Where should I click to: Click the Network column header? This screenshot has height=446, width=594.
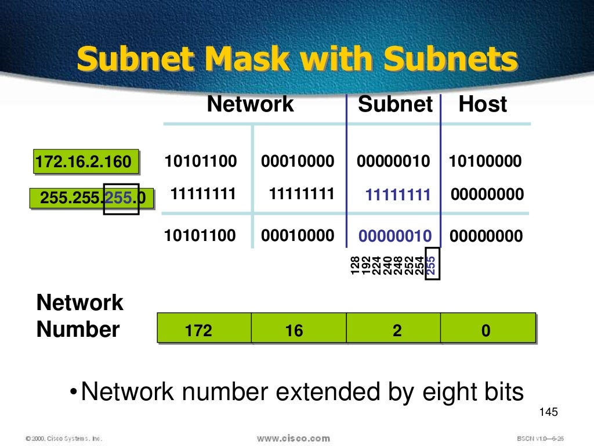click(251, 105)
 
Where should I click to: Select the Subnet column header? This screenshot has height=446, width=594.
click(395, 105)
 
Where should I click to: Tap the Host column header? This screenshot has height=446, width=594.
click(483, 105)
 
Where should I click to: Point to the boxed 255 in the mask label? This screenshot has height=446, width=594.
click(121, 199)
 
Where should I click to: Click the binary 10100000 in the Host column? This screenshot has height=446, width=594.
click(485, 161)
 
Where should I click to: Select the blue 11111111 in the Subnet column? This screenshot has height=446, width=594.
click(398, 195)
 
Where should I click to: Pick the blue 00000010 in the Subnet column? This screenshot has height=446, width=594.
click(395, 236)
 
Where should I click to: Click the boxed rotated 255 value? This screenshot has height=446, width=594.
click(431, 265)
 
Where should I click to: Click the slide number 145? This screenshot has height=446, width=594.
click(548, 412)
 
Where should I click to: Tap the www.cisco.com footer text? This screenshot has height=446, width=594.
click(293, 438)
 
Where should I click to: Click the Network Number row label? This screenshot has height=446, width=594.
click(79, 316)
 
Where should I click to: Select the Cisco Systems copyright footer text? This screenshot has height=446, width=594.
click(64, 438)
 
